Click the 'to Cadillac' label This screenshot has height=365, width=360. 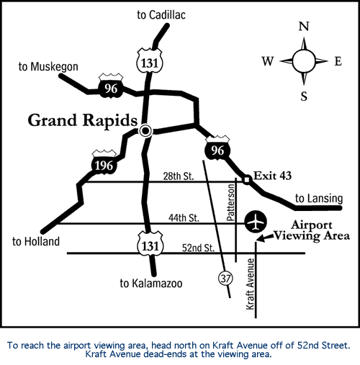(161, 15)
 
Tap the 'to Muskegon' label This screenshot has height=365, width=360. (48, 67)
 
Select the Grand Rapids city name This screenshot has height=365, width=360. (83, 120)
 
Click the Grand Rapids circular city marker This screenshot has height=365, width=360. (145, 131)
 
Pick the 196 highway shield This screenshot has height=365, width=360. (104, 162)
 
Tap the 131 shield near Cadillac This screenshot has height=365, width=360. (150, 60)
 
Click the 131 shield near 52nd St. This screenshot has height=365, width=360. (150, 244)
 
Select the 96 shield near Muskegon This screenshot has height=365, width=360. (111, 86)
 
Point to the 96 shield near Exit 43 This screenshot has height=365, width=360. (217, 148)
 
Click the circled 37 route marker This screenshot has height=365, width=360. (225, 279)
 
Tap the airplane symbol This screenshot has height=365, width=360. (256, 222)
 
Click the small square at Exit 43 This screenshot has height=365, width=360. (247, 179)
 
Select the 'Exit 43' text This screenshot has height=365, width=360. (273, 176)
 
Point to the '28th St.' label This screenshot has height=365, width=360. (179, 176)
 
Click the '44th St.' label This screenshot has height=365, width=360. (184, 218)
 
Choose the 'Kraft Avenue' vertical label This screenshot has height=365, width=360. (251, 284)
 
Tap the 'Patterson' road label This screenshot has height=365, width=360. (230, 202)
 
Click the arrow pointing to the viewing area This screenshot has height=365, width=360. (265, 238)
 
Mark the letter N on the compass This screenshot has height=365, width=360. (304, 26)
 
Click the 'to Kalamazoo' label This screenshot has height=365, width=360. (151, 284)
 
